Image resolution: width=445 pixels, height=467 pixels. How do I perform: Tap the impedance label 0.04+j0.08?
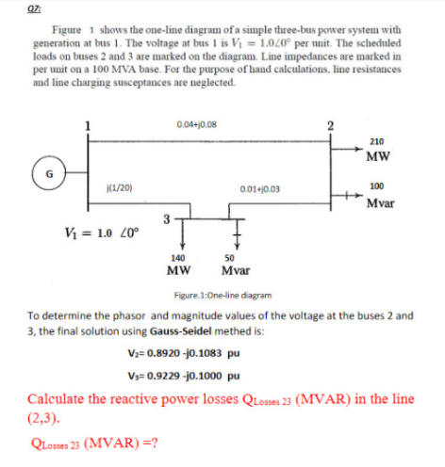(x=195, y=123)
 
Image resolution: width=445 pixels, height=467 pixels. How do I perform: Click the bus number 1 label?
(x=89, y=127)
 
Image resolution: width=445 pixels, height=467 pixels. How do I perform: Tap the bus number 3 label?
(x=166, y=218)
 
